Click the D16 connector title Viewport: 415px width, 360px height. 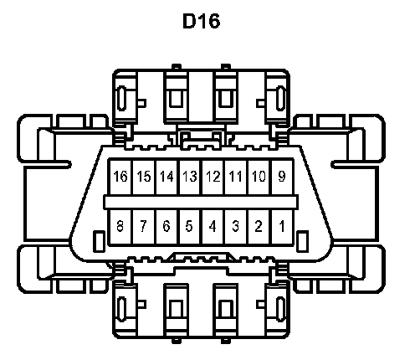[x=201, y=21]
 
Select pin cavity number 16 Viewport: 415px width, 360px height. [x=120, y=177]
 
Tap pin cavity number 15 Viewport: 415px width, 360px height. [x=144, y=177]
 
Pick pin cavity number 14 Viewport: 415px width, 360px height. [x=167, y=177]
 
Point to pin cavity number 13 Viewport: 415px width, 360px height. [x=190, y=177]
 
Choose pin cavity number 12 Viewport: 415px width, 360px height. [x=213, y=177]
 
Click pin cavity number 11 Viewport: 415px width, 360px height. [x=236, y=177]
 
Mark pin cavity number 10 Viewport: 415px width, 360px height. [x=259, y=177]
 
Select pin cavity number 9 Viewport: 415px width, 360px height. [x=282, y=177]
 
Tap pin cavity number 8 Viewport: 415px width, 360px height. [x=120, y=227]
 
